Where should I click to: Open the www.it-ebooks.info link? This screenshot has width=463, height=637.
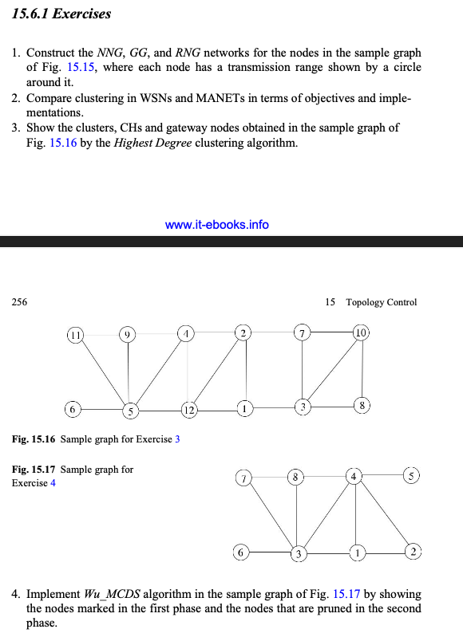[216, 224]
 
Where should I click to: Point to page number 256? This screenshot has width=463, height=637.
[19, 302]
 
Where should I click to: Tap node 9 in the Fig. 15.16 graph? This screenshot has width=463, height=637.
[126, 334]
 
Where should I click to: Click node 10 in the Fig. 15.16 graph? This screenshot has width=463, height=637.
[362, 332]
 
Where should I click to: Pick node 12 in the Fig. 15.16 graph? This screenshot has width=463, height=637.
[188, 411]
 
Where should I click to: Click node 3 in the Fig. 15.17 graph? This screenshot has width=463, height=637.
[297, 552]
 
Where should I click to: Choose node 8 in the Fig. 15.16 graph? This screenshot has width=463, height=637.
[362, 406]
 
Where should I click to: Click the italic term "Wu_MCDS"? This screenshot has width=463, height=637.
[109, 595]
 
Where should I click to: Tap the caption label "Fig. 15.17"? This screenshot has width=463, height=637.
[34, 470]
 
